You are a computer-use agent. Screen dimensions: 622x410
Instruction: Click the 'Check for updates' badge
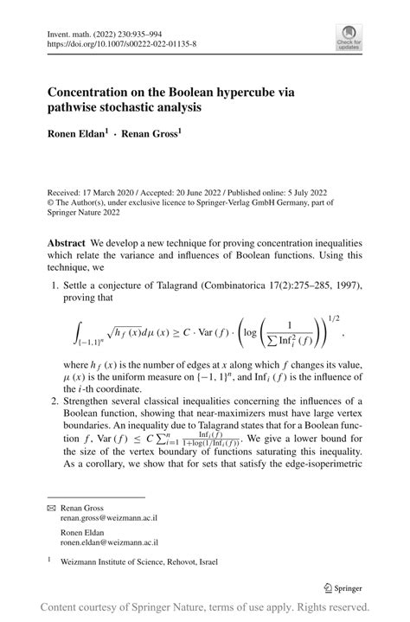pyautogui.click(x=349, y=35)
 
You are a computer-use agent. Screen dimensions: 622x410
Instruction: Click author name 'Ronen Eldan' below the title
pyautogui.click(x=80, y=136)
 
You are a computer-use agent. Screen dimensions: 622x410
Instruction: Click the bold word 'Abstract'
pyautogui.click(x=67, y=244)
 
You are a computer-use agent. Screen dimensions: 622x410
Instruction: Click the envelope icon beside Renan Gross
pyautogui.click(x=51, y=508)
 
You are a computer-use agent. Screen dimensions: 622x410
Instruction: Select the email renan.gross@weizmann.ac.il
pyautogui.click(x=108, y=518)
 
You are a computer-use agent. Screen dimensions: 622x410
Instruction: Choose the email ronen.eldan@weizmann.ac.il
pyautogui.click(x=109, y=542)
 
